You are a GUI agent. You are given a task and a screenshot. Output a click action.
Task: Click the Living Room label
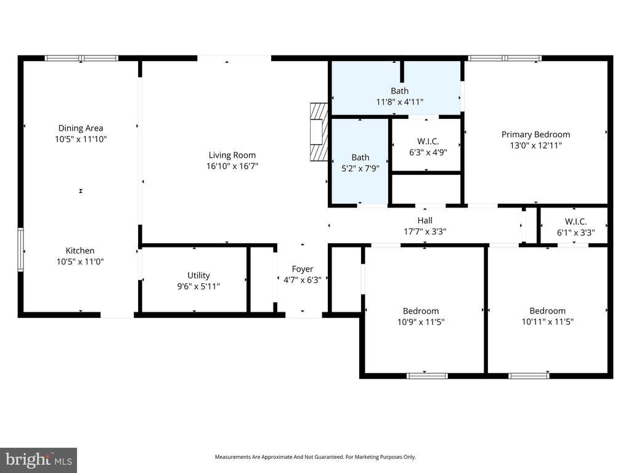[x=232, y=155]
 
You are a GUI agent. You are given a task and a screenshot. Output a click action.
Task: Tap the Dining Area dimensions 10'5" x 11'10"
[x=81, y=139]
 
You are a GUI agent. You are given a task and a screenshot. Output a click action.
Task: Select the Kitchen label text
[x=80, y=251]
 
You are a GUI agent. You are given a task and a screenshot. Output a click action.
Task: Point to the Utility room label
[x=198, y=275]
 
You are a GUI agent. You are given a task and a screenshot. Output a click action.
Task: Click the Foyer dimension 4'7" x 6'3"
[x=302, y=279]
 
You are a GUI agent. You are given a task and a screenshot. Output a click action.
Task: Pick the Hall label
[x=425, y=220]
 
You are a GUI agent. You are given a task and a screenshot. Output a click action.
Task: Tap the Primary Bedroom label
[x=535, y=134]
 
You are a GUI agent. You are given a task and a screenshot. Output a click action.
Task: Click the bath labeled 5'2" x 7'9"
[x=360, y=163]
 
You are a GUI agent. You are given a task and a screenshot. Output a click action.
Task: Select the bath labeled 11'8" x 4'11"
[x=399, y=96]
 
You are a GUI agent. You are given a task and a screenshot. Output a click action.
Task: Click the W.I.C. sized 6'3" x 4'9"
[x=428, y=147]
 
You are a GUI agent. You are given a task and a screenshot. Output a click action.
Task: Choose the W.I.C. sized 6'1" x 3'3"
[x=576, y=227]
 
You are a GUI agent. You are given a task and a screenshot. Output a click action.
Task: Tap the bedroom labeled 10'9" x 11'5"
[x=421, y=316]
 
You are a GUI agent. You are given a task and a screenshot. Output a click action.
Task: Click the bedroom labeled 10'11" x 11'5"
[x=547, y=316]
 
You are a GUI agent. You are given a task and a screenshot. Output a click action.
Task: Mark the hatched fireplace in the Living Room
[x=318, y=132]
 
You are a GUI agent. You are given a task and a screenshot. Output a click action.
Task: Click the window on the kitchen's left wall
[x=20, y=249]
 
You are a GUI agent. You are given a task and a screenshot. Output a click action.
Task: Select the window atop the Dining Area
[x=81, y=59]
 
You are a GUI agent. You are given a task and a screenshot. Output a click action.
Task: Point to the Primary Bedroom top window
[x=504, y=59]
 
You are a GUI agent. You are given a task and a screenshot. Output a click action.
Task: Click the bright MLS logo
[x=38, y=459]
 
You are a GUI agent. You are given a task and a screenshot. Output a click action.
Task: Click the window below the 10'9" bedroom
[x=427, y=375]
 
